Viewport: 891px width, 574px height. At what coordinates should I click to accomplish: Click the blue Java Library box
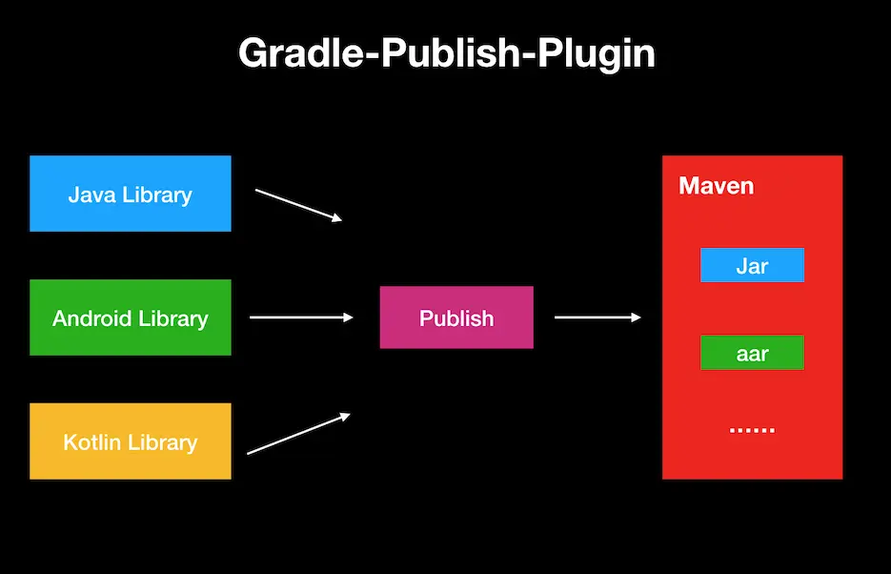click(x=130, y=194)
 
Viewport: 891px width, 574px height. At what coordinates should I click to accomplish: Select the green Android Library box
click(x=130, y=318)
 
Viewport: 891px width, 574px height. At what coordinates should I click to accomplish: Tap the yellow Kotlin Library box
click(x=130, y=441)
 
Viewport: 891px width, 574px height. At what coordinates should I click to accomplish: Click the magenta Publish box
click(x=456, y=318)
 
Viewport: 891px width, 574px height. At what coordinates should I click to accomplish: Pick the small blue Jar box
click(x=752, y=265)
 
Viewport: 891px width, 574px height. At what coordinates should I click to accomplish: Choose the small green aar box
click(x=752, y=353)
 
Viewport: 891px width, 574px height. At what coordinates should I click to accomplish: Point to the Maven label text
click(x=716, y=185)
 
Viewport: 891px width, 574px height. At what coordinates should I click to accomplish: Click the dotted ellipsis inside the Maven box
click(x=752, y=430)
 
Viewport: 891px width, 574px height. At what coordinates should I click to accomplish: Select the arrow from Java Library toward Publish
click(x=297, y=205)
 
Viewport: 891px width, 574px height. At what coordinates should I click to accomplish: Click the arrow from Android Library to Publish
click(x=300, y=318)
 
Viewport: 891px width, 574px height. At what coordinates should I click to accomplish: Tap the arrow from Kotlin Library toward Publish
click(x=298, y=433)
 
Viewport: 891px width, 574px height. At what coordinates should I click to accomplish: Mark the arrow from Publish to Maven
click(x=597, y=318)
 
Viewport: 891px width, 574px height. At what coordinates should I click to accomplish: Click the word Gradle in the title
click(x=294, y=53)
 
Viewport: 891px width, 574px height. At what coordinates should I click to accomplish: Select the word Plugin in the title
click(x=597, y=53)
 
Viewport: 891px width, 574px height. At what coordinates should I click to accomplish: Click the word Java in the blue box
click(x=88, y=195)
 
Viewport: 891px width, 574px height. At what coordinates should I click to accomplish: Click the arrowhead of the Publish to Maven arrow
click(x=636, y=318)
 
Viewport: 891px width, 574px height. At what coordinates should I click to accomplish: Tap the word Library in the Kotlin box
click(x=163, y=442)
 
